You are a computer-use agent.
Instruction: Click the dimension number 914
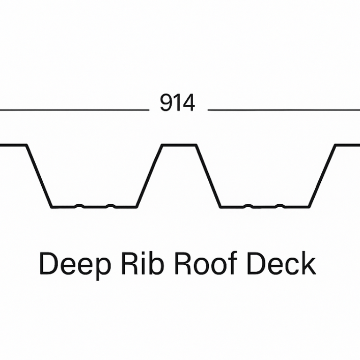pos(177,103)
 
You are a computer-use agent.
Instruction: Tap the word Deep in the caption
pos(74,265)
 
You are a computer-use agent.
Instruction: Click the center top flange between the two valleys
pos(179,145)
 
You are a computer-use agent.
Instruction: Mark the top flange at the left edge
pos(13,145)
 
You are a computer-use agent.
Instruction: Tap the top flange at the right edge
pos(348,145)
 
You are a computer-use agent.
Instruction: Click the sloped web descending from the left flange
pos(39,176)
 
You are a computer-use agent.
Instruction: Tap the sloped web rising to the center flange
pos(149,176)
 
